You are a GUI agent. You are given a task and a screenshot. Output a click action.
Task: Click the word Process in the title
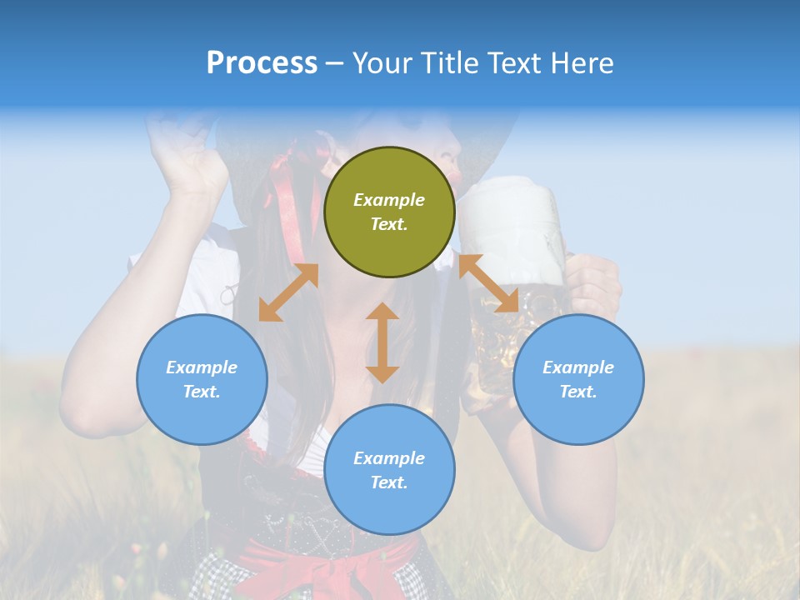pyautogui.click(x=262, y=63)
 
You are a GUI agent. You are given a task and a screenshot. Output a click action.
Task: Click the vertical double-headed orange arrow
pyautogui.click(x=382, y=342)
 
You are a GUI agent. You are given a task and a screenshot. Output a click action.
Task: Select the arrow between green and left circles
pyautogui.click(x=288, y=292)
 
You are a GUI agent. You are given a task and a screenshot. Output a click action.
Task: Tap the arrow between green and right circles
pyautogui.click(x=488, y=283)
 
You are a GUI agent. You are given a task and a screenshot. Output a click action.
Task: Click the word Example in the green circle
pyautogui.click(x=389, y=200)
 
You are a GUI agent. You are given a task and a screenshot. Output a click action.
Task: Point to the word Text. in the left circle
pyautogui.click(x=202, y=392)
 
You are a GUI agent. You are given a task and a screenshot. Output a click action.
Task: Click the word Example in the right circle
pyautogui.click(x=578, y=367)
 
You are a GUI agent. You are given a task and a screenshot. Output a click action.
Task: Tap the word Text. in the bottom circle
pyautogui.click(x=389, y=482)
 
